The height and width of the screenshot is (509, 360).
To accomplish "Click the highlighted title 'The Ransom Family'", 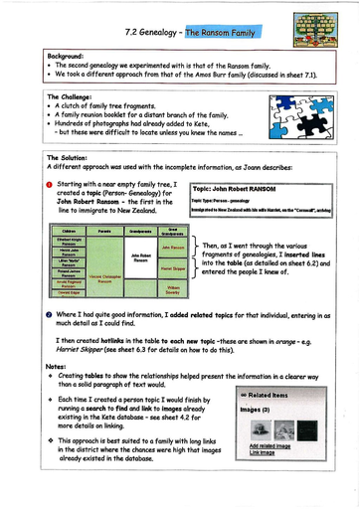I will coord(234,33).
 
